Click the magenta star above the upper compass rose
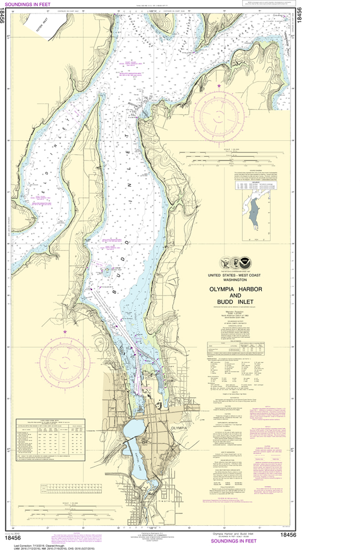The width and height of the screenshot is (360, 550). pos(219,86)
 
